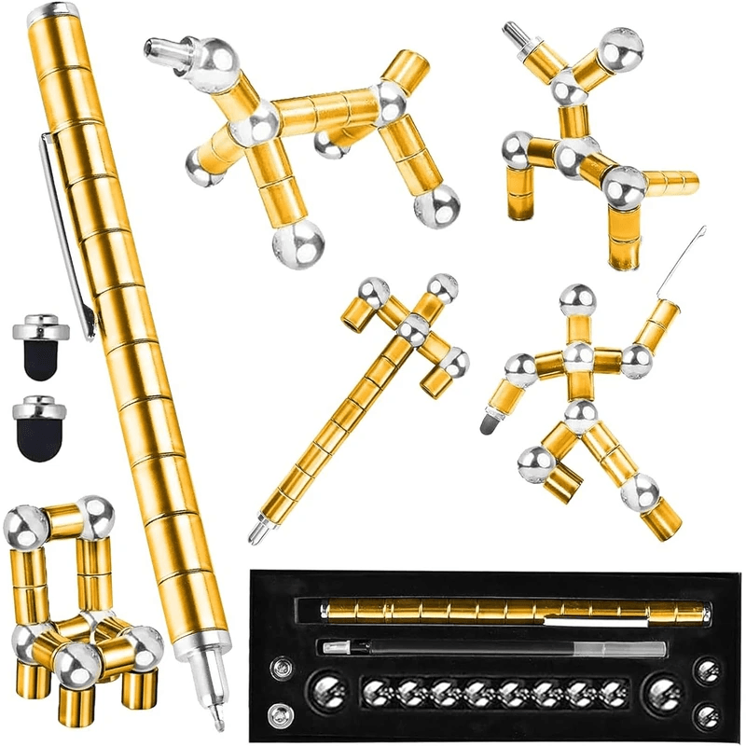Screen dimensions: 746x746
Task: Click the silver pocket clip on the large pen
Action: [x=65, y=224]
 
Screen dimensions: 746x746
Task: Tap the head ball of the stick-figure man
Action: [x=576, y=299]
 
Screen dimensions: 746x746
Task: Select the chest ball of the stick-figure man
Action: [x=578, y=356]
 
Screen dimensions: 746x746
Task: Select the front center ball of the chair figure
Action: [x=76, y=663]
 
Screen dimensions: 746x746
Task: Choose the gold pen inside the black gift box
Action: [x=513, y=613]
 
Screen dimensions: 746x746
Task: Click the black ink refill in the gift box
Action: [x=494, y=647]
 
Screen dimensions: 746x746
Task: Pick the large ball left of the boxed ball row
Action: [x=327, y=692]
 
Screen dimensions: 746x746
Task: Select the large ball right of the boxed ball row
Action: [x=664, y=693]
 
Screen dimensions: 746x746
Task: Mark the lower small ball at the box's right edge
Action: [x=709, y=716]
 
